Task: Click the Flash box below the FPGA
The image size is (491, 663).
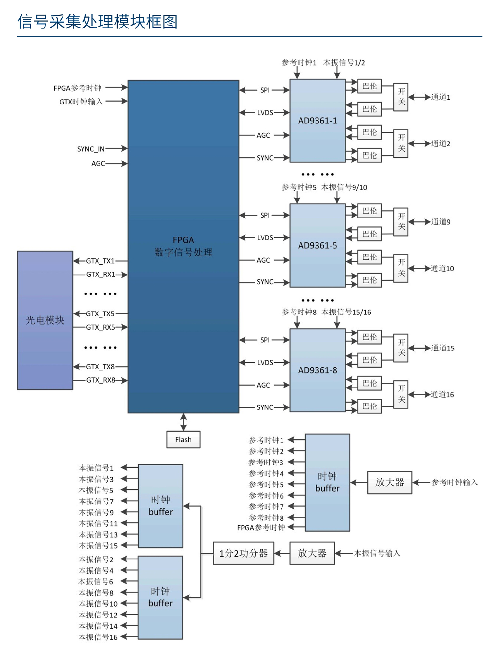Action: pos(183,439)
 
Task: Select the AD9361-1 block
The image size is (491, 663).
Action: pos(317,121)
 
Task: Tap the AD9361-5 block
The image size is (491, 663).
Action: pos(317,245)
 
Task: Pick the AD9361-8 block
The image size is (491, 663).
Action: pos(317,370)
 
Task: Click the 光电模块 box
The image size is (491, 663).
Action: pos(45,320)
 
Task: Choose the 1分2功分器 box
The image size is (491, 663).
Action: pos(243,553)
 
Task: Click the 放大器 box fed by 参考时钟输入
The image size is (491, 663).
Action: pos(389,482)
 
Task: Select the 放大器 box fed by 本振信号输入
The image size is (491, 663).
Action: pos(312,553)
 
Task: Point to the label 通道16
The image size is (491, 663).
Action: pos(442,394)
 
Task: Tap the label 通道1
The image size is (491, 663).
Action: pos(441,97)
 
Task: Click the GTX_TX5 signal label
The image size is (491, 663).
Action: pos(100,314)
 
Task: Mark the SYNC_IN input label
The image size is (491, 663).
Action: pos(91,149)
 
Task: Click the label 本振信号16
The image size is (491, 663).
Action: pos(98,637)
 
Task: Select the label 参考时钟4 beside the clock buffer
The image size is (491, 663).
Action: pos(266,473)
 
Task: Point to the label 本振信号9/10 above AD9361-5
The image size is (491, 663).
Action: pos(344,187)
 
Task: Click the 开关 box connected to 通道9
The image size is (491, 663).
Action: pos(401,221)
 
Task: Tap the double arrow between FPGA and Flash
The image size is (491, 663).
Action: pos(183,422)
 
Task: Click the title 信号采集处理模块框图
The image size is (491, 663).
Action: pos(97,22)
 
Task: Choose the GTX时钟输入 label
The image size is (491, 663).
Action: pos(81,102)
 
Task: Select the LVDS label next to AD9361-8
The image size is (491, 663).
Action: pos(265,362)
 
